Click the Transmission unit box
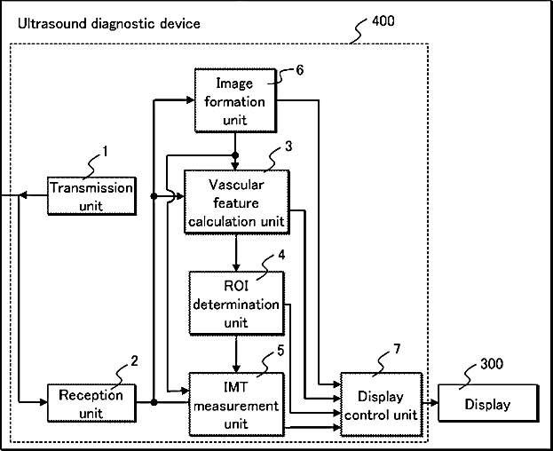point(91,196)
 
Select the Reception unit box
point(91,403)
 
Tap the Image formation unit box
point(235,100)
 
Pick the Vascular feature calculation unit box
point(237,202)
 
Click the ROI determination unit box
point(236,304)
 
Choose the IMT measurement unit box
point(236,405)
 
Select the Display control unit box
point(382,405)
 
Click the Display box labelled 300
point(488,403)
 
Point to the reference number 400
point(383,21)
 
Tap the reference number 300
point(492,363)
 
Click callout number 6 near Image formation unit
point(299,70)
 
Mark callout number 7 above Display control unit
point(397,348)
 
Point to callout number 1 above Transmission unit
point(105,151)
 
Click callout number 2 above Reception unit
point(134,360)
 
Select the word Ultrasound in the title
point(52,24)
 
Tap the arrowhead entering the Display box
point(434,403)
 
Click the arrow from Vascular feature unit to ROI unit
point(236,253)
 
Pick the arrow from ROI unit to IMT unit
point(236,353)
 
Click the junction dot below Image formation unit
point(235,155)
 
